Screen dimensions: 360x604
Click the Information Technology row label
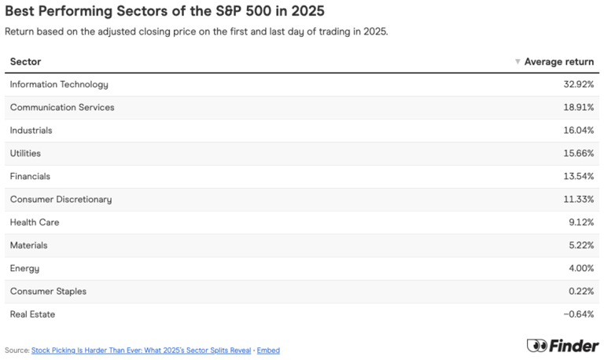[59, 84]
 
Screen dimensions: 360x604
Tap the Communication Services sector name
[62, 107]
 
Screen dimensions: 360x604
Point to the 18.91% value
[576, 107]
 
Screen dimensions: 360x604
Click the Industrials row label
[31, 130]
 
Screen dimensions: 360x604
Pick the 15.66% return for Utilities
[576, 153]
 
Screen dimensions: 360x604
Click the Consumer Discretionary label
[61, 200]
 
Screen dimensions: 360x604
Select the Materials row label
[29, 245]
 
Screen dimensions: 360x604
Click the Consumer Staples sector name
[48, 292]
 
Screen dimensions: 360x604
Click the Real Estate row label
[32, 314]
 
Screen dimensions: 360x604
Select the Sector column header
[25, 61]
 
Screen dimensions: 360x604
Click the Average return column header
[559, 61]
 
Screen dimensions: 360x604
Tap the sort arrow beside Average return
[517, 61]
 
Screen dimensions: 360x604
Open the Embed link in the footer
[268, 351]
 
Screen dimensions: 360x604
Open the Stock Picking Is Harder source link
[140, 351]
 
